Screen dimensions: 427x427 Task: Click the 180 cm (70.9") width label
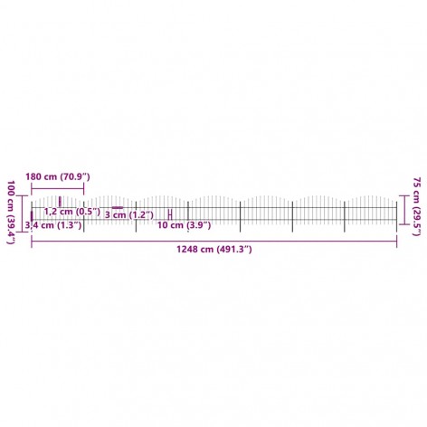(x=58, y=176)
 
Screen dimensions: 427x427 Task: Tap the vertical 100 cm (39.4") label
(x=11, y=212)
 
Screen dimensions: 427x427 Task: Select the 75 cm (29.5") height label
(x=416, y=206)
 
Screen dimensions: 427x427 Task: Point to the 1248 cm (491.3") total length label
(x=214, y=250)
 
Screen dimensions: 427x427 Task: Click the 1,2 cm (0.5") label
(x=72, y=212)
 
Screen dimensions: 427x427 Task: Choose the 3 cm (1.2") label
(x=129, y=215)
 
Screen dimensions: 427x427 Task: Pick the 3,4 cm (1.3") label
(x=53, y=225)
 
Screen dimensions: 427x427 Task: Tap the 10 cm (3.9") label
(x=184, y=225)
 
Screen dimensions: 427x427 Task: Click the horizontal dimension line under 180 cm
(x=58, y=188)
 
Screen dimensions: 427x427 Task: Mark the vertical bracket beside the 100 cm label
(x=23, y=213)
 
